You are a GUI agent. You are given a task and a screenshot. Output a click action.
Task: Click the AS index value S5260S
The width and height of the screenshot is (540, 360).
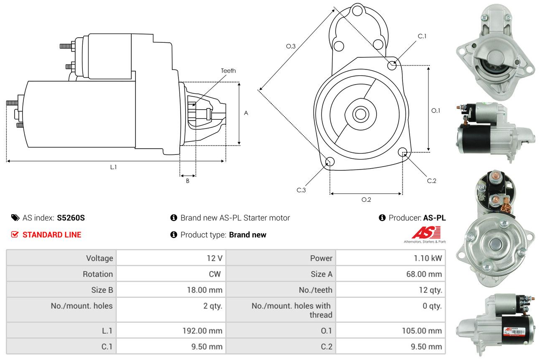pyautogui.click(x=71, y=218)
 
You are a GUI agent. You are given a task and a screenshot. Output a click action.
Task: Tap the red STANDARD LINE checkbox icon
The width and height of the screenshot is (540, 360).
pyautogui.click(x=15, y=234)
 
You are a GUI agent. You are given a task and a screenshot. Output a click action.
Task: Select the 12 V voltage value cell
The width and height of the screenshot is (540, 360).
pyautogui.click(x=171, y=258)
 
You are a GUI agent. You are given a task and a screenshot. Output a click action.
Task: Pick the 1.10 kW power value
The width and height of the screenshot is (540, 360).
pyautogui.click(x=428, y=258)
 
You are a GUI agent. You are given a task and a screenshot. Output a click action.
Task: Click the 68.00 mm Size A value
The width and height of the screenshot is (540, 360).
pyautogui.click(x=424, y=274)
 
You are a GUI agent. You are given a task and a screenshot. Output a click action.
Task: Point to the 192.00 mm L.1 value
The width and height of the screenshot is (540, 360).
pyautogui.click(x=202, y=331)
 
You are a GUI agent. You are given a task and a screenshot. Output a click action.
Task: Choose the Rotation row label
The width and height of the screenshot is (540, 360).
pyautogui.click(x=98, y=274)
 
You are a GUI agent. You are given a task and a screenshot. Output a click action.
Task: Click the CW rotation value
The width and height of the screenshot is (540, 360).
pyautogui.click(x=214, y=274)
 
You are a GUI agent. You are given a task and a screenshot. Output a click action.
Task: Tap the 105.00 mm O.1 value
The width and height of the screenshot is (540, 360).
pyautogui.click(x=422, y=331)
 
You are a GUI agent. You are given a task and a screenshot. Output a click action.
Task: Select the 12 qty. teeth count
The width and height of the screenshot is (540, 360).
pyautogui.click(x=430, y=290)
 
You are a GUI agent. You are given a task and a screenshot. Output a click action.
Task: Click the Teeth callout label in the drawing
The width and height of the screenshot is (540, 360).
pyautogui.click(x=228, y=71)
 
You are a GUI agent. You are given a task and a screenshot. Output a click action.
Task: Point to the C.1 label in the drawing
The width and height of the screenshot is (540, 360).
pyautogui.click(x=422, y=36)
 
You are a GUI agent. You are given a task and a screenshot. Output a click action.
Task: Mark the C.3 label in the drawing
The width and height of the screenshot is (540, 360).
pyautogui.click(x=301, y=190)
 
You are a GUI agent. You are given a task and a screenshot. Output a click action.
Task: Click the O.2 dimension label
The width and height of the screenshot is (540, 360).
pyautogui.click(x=366, y=200)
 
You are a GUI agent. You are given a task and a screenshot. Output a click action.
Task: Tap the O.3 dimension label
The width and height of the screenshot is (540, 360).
pyautogui.click(x=291, y=46)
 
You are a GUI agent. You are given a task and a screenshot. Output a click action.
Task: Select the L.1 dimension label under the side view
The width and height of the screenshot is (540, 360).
pyautogui.click(x=113, y=167)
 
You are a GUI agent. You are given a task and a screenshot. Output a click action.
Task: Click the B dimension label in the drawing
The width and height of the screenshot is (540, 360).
pyautogui.click(x=188, y=181)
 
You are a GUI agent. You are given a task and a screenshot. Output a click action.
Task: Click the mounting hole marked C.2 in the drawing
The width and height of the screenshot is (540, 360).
pyautogui.click(x=402, y=152)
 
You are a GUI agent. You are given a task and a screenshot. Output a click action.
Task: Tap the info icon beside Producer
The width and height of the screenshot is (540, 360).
pyautogui.click(x=382, y=218)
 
